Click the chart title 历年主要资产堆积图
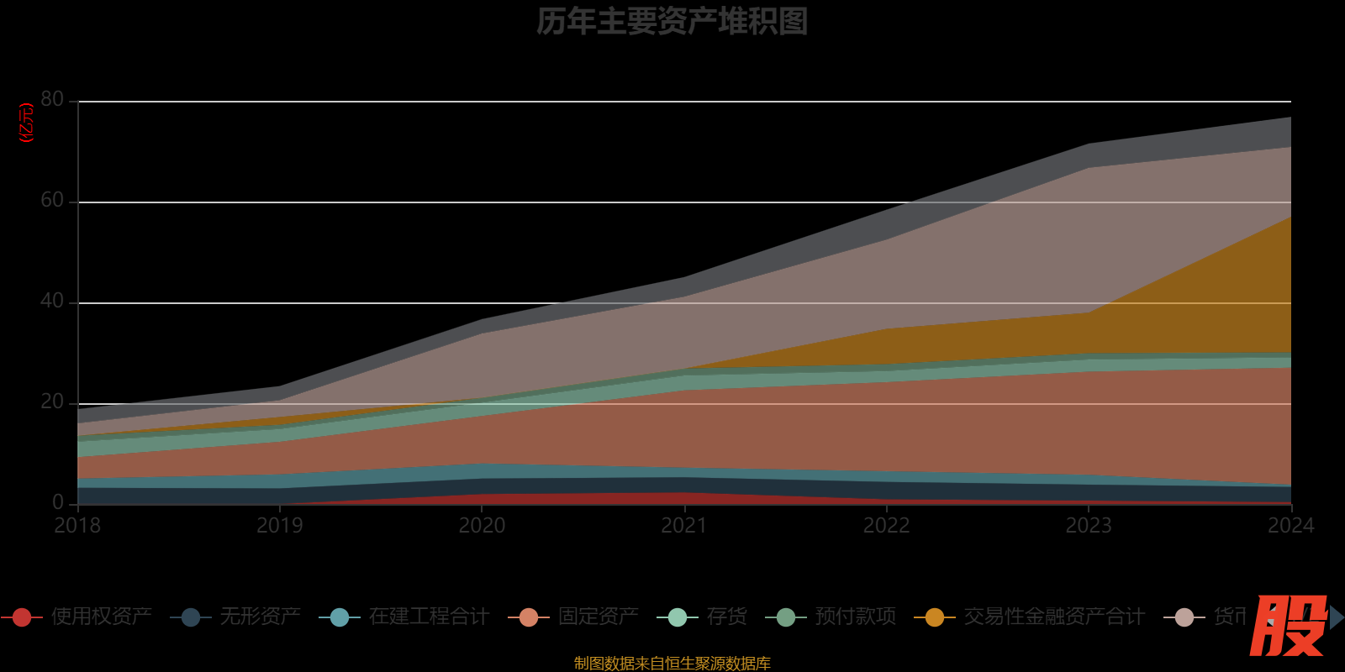click(672, 22)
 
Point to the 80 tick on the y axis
click(52, 100)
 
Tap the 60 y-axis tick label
click(52, 201)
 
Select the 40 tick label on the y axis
click(52, 302)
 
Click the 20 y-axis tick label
click(52, 402)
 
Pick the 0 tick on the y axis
click(58, 502)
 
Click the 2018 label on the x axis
click(77, 526)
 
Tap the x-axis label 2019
click(280, 526)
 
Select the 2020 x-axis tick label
click(482, 526)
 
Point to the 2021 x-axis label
click(684, 526)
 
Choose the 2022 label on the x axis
click(887, 526)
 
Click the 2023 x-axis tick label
click(1089, 526)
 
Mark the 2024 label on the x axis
click(1290, 526)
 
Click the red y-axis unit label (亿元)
click(27, 123)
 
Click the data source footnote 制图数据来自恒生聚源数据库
click(672, 664)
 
